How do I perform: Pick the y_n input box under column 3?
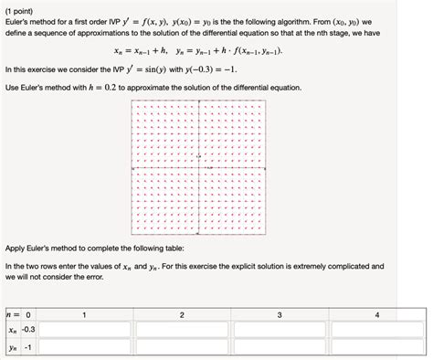click(x=280, y=348)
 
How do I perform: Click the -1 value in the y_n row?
click(x=29, y=348)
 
